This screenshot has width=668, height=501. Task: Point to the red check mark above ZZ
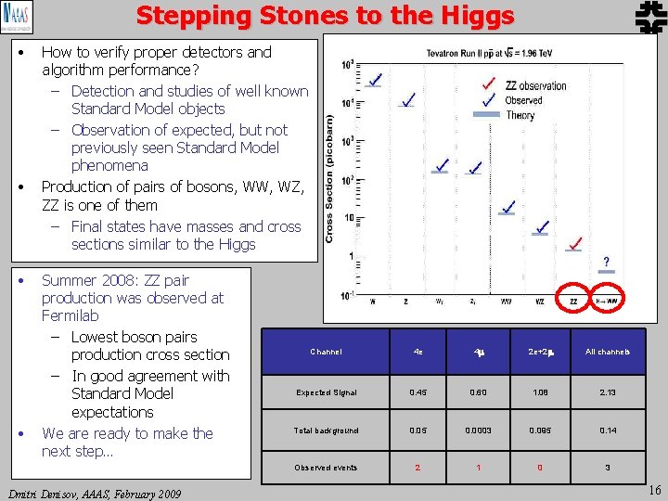[576, 244]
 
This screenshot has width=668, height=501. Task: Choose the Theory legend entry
[520, 115]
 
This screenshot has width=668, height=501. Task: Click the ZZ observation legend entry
[535, 86]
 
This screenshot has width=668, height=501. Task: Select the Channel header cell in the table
[326, 352]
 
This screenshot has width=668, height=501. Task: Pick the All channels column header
[608, 352]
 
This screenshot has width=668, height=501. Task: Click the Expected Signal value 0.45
[417, 392]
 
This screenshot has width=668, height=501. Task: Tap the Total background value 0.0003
[479, 430]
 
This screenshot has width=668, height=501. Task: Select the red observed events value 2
[417, 468]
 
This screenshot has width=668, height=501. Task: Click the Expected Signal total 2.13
[608, 392]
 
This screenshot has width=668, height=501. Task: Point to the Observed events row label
[326, 468]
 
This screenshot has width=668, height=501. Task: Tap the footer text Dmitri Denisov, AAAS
[94, 493]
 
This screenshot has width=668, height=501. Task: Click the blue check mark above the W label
[373, 81]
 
